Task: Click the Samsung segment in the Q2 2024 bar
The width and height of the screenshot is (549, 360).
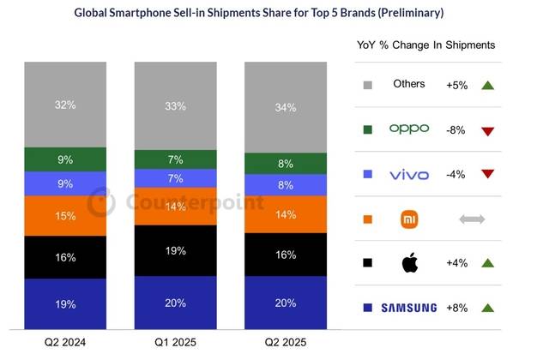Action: click(x=65, y=304)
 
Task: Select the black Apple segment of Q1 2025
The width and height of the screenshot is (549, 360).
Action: click(x=176, y=250)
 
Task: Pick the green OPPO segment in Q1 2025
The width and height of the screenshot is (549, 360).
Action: click(x=176, y=159)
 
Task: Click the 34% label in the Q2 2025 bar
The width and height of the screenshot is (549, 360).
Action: click(x=286, y=107)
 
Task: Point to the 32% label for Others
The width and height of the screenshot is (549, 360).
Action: click(x=65, y=105)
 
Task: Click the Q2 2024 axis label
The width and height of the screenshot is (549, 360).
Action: click(x=65, y=342)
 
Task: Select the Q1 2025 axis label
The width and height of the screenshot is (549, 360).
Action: click(x=176, y=342)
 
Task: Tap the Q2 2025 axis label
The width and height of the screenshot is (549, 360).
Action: click(x=286, y=342)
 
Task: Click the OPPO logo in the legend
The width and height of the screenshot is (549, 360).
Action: click(x=408, y=129)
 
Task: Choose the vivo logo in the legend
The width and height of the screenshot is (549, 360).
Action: click(x=408, y=174)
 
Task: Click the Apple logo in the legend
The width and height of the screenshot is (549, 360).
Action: click(x=409, y=262)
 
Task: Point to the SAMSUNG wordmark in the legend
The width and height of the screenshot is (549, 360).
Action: click(x=409, y=307)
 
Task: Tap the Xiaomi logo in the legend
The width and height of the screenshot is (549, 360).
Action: click(x=409, y=219)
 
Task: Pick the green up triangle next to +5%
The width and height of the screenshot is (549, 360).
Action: click(x=487, y=85)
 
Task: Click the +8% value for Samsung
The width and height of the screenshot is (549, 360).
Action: click(x=455, y=307)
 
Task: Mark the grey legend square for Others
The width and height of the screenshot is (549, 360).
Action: click(x=368, y=85)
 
